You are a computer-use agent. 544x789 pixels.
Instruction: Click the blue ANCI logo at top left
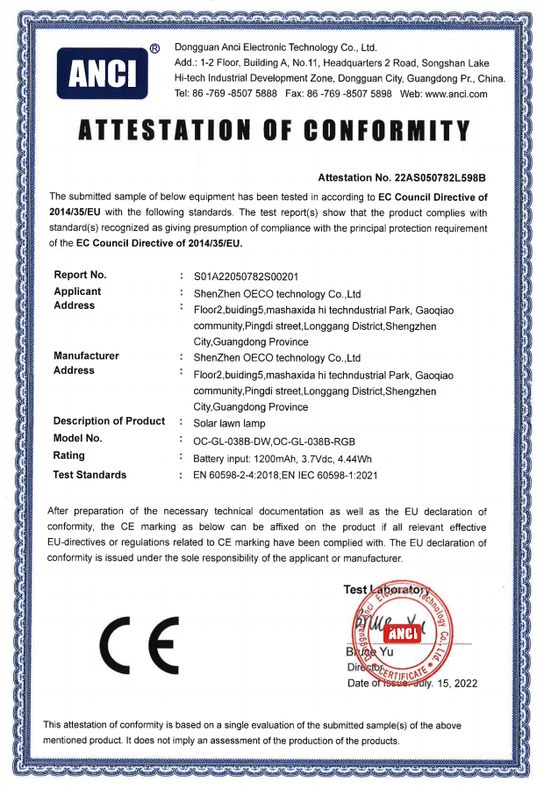(x=102, y=73)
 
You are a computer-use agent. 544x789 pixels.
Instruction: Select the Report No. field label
(x=80, y=275)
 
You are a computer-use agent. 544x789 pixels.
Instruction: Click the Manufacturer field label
(x=86, y=355)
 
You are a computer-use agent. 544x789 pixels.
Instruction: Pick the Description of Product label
(x=109, y=420)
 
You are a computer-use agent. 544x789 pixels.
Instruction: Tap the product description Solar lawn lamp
(x=229, y=421)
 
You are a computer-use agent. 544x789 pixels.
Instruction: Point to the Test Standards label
(x=89, y=475)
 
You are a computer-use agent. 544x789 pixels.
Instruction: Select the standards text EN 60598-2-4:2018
(x=243, y=476)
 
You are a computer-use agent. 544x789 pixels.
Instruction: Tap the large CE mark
(x=139, y=642)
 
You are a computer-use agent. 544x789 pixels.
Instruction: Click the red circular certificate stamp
(x=400, y=635)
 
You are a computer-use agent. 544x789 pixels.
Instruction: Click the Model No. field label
(x=77, y=438)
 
